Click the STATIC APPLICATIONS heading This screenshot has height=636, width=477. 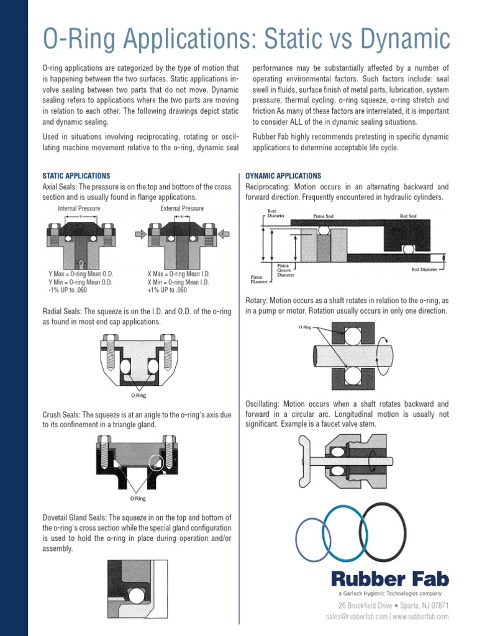tap(76, 176)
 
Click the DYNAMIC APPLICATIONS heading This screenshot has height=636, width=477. tap(283, 176)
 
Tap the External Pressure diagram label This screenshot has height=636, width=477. tap(182, 208)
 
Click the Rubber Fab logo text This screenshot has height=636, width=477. tap(389, 580)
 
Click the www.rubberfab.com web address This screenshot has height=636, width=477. tap(420, 617)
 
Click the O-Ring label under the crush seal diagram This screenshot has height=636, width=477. tap(138, 499)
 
